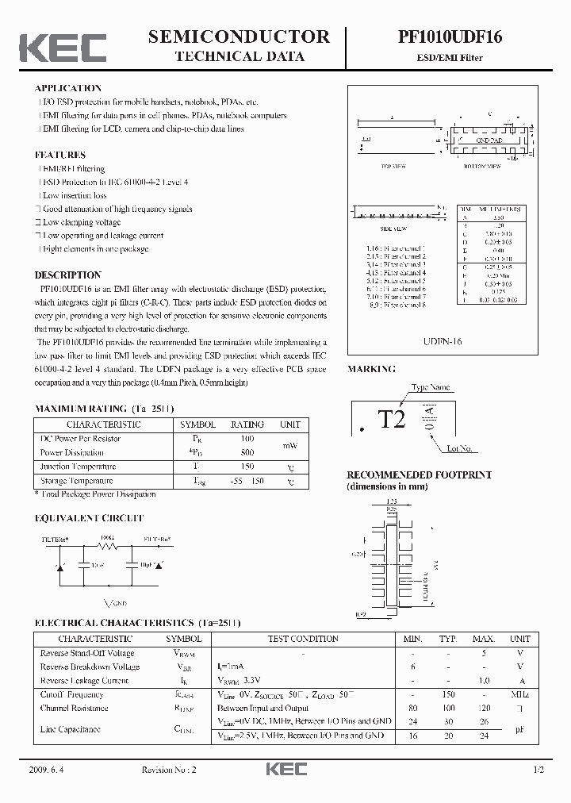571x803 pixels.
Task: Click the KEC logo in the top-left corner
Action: [63, 47]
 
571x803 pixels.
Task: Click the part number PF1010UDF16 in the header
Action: [450, 37]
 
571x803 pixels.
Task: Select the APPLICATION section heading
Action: [68, 88]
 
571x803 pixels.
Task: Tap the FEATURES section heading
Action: [60, 155]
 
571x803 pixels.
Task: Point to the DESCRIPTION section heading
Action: [67, 275]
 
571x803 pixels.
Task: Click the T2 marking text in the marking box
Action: [392, 419]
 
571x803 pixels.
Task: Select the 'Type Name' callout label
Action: [431, 387]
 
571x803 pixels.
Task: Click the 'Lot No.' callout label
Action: [460, 448]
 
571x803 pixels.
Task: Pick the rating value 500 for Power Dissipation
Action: [247, 452]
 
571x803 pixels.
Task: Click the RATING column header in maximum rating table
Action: [247, 425]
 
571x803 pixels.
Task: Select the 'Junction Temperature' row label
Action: [78, 467]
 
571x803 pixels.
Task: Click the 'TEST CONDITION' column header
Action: [303, 639]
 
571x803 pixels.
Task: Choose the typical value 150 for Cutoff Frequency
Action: [449, 694]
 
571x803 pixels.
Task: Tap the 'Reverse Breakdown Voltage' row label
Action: [90, 667]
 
